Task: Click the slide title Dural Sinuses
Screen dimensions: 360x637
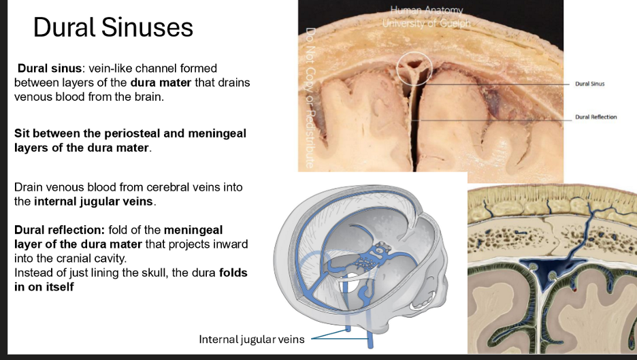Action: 113,28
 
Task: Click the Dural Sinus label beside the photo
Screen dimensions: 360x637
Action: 589,84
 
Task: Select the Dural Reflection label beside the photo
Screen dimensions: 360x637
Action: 595,116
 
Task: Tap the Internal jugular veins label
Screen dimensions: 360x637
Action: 251,339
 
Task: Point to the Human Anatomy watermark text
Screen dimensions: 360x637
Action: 427,10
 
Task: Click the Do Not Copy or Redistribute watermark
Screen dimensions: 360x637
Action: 310,98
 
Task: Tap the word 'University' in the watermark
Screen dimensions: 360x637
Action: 407,22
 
